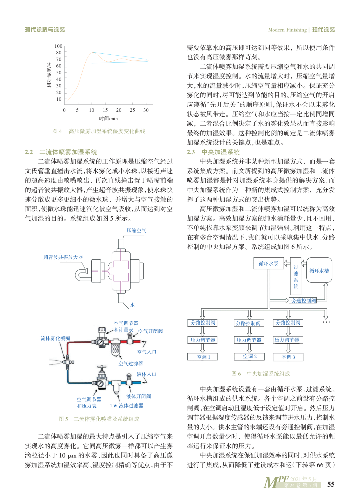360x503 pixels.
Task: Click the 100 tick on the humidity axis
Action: coord(58,46)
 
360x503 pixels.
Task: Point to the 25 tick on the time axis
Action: coord(132,110)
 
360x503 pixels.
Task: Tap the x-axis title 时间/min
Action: coord(108,118)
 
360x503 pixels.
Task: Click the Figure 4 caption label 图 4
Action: coord(57,131)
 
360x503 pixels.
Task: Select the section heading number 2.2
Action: coord(29,152)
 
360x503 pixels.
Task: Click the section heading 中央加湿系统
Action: coord(221,152)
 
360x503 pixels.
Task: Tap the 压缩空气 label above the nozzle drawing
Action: coord(136,230)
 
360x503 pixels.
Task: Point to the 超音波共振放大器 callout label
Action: coord(63,257)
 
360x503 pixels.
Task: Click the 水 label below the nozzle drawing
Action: coord(132,305)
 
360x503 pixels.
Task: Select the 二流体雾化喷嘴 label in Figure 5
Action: coord(53,338)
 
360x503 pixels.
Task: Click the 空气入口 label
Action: coord(146,352)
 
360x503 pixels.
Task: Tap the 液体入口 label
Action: coord(146,374)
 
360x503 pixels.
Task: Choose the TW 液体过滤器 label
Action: coord(127,406)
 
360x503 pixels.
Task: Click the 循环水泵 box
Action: coord(268,263)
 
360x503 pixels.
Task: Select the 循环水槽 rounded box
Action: coord(319,270)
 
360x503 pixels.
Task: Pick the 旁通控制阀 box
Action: coord(303,301)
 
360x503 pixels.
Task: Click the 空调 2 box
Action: coord(250,356)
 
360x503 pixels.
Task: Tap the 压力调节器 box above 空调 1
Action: coord(203,340)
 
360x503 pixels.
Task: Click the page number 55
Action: coord(331,484)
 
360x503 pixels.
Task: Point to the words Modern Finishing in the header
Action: coord(287,30)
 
